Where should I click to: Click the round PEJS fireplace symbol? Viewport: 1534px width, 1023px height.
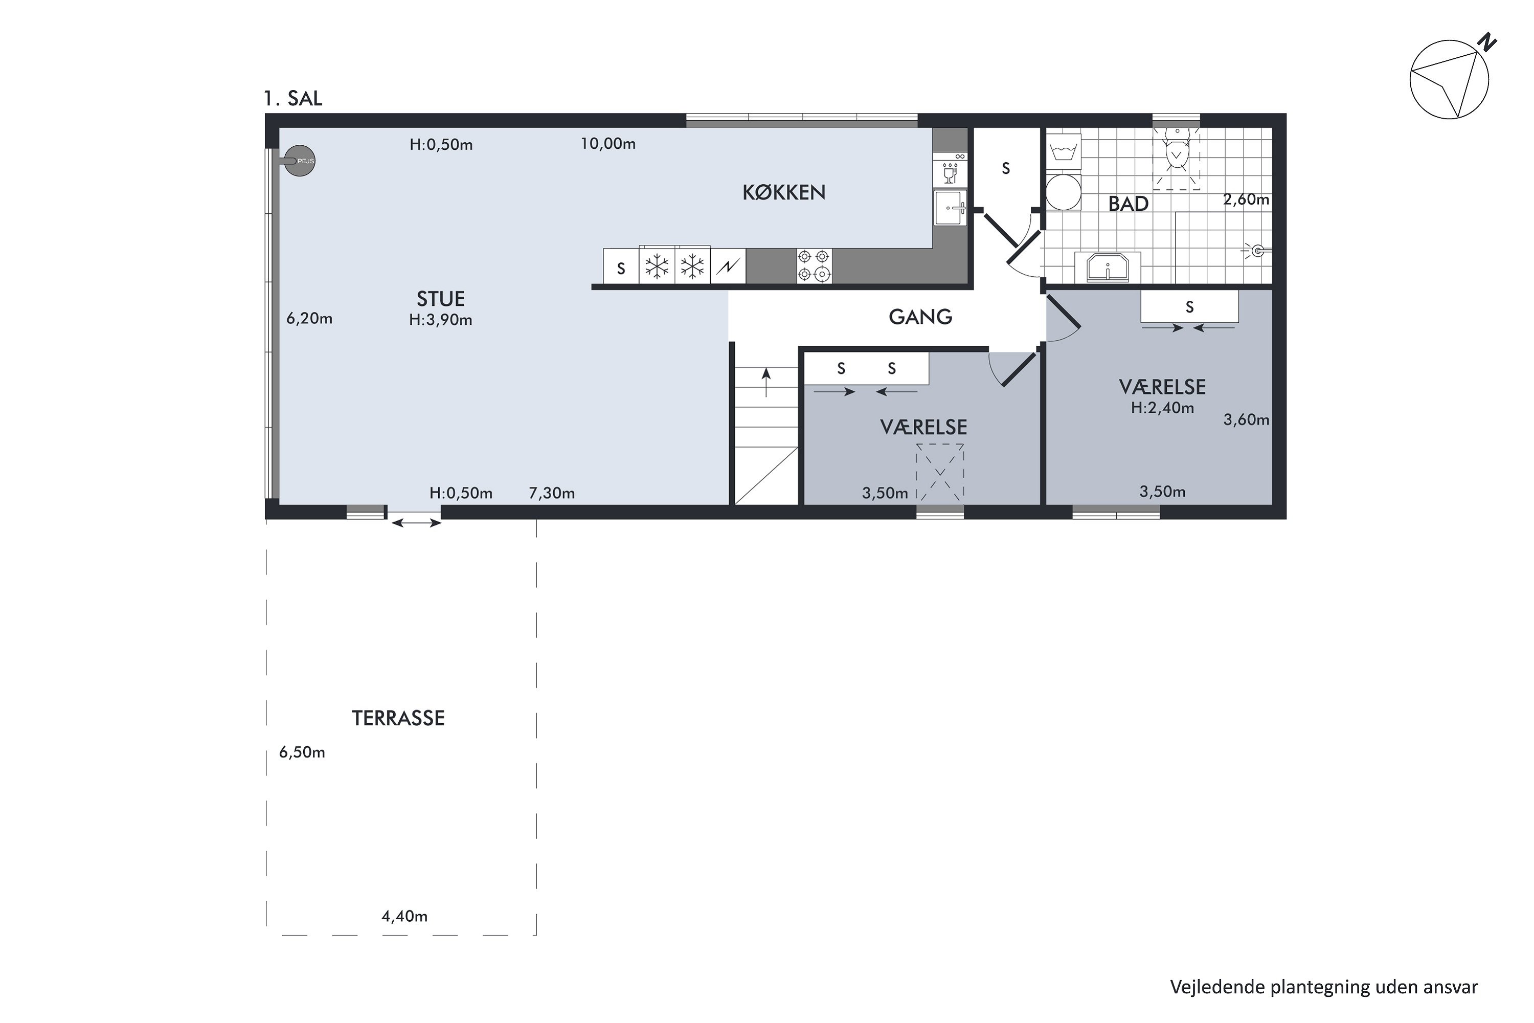(299, 161)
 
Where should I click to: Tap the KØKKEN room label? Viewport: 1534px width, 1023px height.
(784, 192)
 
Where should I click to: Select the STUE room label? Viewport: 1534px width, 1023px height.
(441, 299)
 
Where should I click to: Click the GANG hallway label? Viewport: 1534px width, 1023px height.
(920, 317)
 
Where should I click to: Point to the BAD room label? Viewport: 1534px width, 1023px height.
(1129, 204)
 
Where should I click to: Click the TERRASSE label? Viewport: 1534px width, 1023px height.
(398, 718)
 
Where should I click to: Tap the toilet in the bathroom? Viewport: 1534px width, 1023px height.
(1177, 149)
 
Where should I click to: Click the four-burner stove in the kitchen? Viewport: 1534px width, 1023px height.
(814, 265)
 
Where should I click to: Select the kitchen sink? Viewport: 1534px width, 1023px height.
(950, 208)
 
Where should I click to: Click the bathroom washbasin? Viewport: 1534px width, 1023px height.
(1108, 267)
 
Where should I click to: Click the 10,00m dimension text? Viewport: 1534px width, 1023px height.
(608, 144)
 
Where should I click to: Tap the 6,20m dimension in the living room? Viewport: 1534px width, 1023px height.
(309, 318)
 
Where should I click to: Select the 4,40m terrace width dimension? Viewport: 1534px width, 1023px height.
(404, 916)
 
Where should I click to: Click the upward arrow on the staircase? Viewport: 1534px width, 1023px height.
(766, 382)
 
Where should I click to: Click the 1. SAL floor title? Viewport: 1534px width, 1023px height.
(293, 99)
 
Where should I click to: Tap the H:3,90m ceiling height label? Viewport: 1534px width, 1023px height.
(440, 320)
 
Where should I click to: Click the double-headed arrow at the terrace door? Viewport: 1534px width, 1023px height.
(416, 523)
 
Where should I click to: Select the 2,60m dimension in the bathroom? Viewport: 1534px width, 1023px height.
(1246, 199)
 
